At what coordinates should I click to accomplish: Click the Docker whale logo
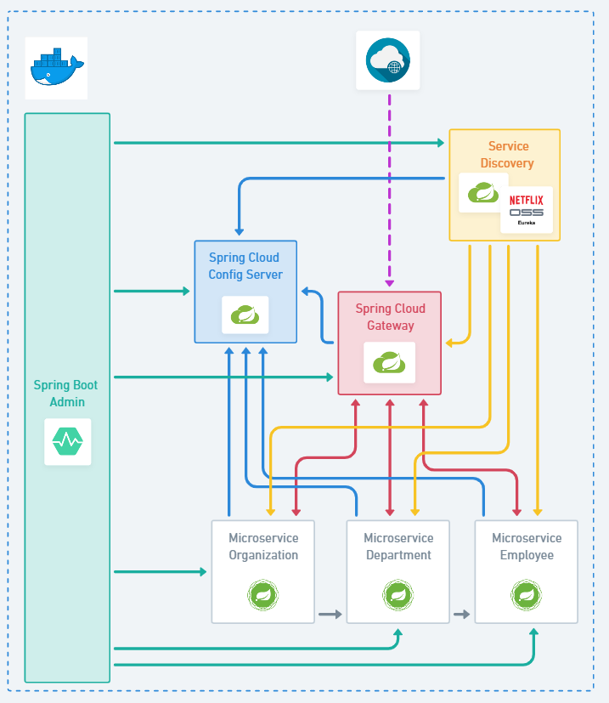click(56, 67)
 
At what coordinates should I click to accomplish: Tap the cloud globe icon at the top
click(387, 60)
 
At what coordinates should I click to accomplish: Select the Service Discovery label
click(507, 155)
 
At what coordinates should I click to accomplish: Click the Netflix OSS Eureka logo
click(527, 209)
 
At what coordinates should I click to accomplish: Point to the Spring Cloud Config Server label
click(245, 266)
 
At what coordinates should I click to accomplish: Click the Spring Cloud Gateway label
click(390, 317)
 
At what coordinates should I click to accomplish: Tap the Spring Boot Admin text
click(66, 394)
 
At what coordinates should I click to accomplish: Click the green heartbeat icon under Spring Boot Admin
click(68, 441)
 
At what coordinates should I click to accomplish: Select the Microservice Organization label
click(263, 547)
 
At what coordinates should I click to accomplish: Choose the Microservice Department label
click(398, 547)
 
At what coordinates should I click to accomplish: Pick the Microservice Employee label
click(527, 547)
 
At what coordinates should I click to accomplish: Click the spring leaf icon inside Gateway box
click(390, 363)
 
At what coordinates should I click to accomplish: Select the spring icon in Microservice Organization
click(263, 594)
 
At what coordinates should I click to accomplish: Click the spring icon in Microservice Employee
click(527, 594)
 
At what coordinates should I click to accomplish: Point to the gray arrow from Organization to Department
click(330, 614)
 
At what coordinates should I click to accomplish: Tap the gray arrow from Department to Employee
click(462, 614)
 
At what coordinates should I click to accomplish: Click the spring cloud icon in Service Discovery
click(483, 193)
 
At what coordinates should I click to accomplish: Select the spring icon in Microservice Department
click(398, 594)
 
